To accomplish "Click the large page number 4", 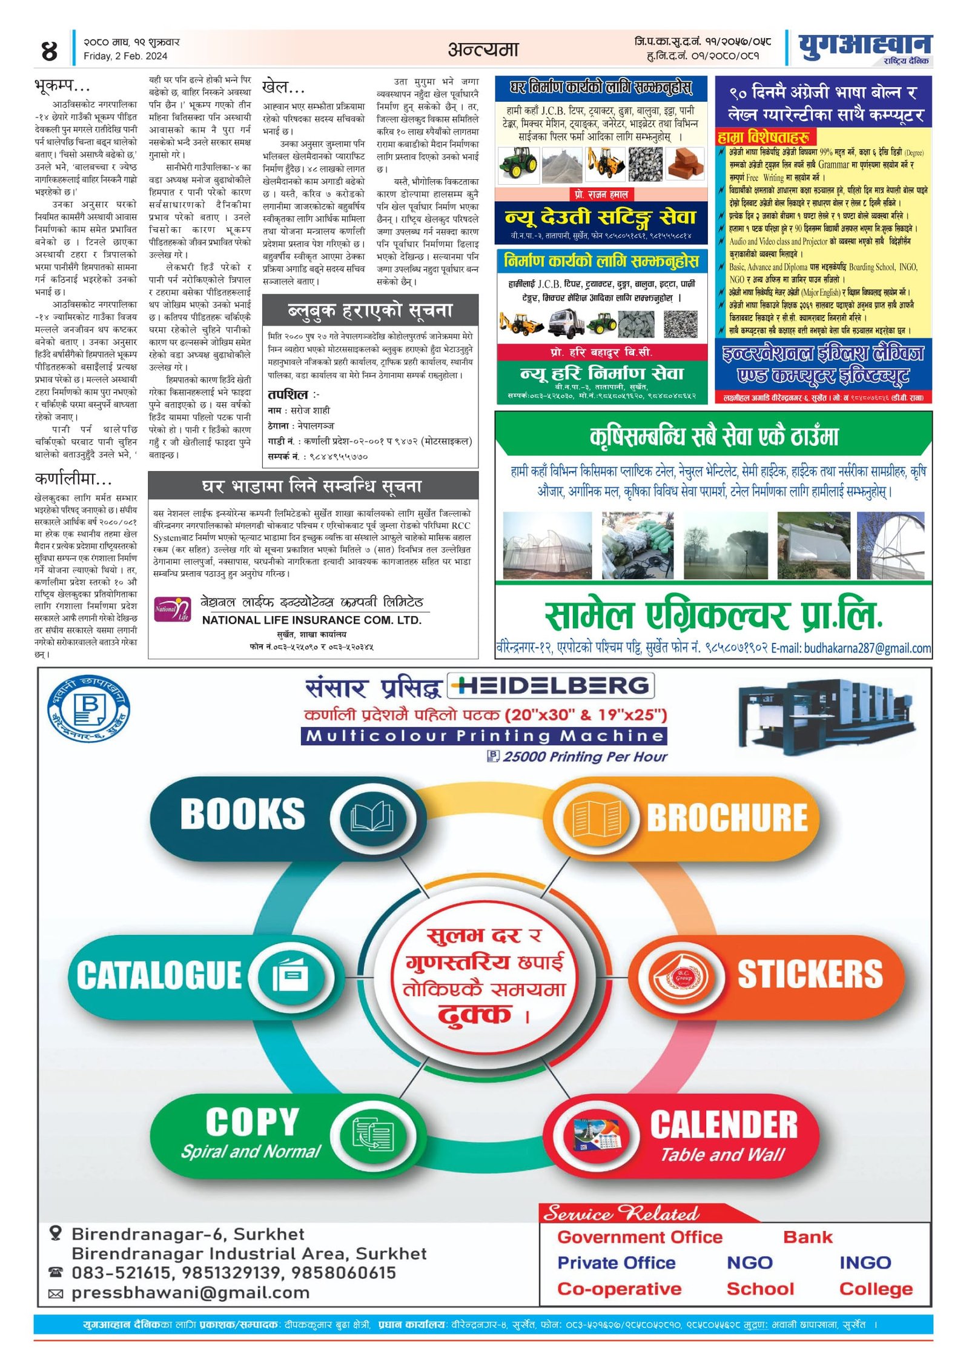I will point(49,50).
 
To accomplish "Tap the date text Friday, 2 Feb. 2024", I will point(125,56).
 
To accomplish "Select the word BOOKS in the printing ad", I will point(242,814).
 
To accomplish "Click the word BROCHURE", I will point(727,818).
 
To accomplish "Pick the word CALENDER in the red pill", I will point(724,1125).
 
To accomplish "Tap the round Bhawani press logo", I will point(89,708).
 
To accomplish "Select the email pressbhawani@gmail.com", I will point(191,1293).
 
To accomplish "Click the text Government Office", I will point(640,1237).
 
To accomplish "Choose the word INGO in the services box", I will point(865,1263).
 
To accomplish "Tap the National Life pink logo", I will point(172,609).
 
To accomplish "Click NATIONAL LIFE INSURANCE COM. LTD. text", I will point(311,620).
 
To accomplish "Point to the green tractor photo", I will point(518,163).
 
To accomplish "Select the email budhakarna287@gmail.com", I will point(867,648).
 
